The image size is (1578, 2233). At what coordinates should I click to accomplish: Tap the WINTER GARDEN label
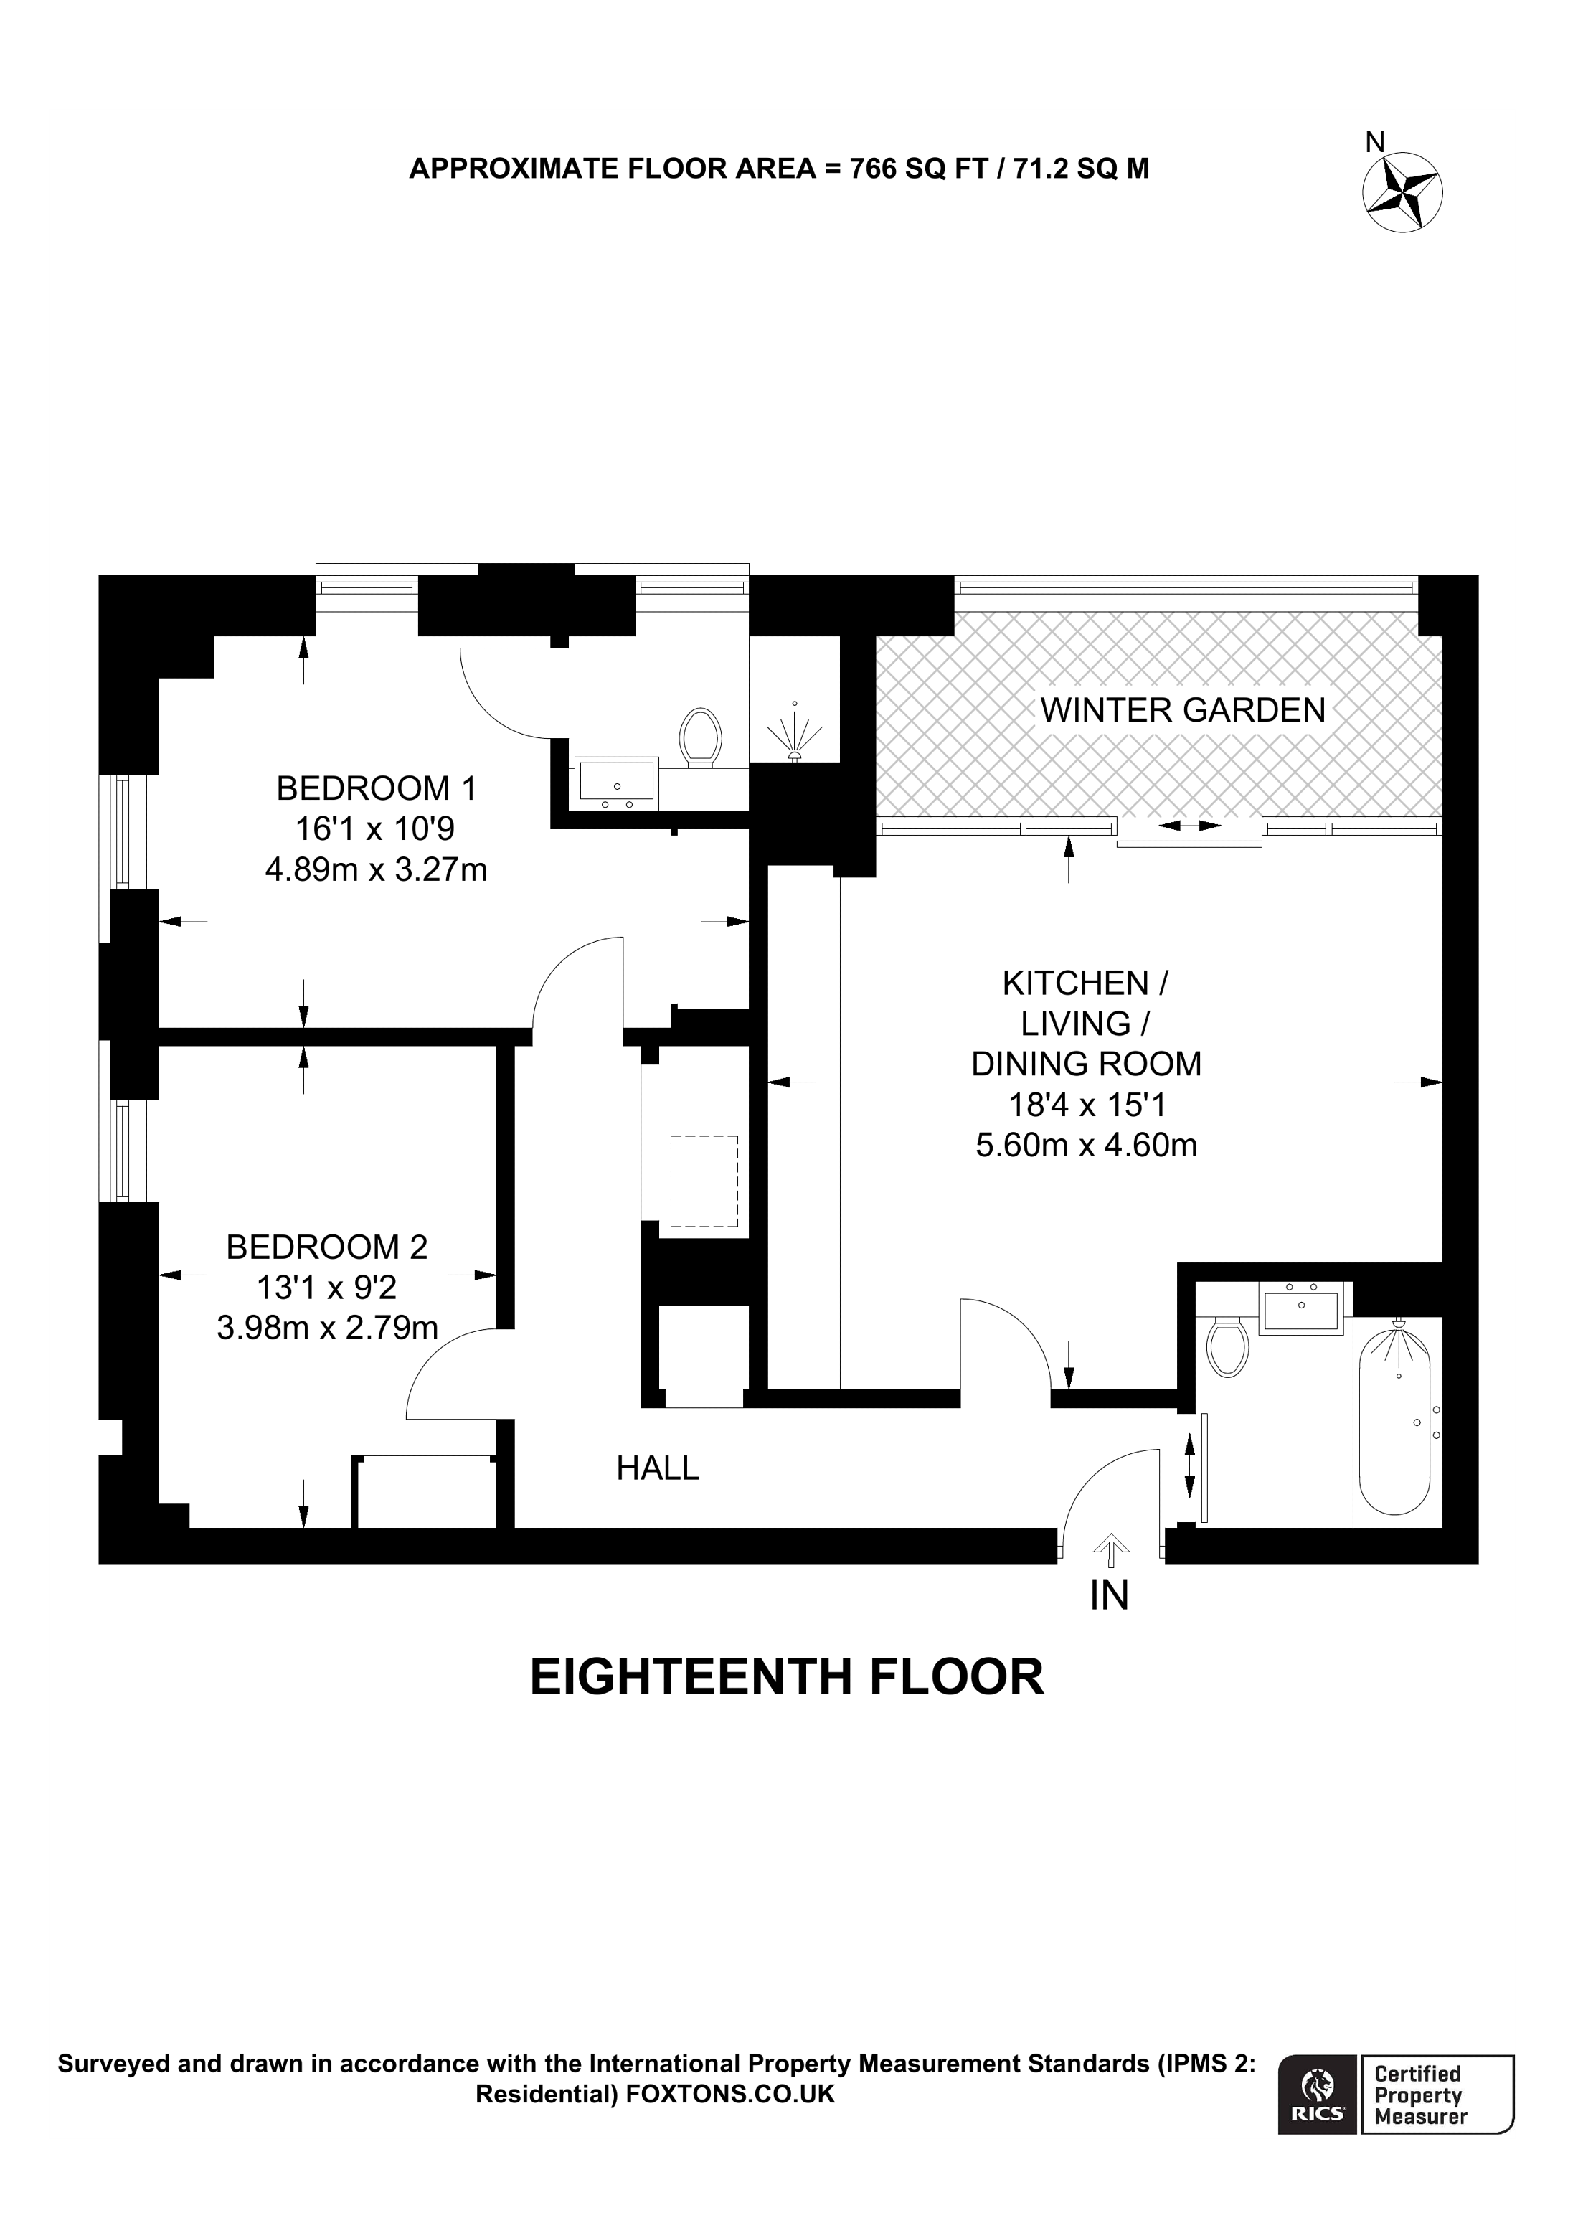(x=1182, y=710)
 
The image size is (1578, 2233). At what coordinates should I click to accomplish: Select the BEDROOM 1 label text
(x=377, y=788)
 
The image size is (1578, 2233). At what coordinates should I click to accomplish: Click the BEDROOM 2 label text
(x=326, y=1247)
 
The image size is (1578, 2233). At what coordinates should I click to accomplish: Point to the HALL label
(x=657, y=1468)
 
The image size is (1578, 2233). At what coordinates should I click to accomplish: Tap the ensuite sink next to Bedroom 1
(x=616, y=782)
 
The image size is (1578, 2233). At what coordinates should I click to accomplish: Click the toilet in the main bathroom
(x=1227, y=1346)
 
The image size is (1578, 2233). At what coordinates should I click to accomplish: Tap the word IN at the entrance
(x=1110, y=1596)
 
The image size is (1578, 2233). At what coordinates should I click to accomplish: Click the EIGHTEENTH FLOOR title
(x=787, y=1678)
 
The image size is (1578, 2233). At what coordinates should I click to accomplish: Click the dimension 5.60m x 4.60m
(x=1085, y=1146)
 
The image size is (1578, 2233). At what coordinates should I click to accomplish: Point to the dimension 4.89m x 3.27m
(x=377, y=869)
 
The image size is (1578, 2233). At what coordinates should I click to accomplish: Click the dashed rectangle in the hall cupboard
(x=703, y=1181)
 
